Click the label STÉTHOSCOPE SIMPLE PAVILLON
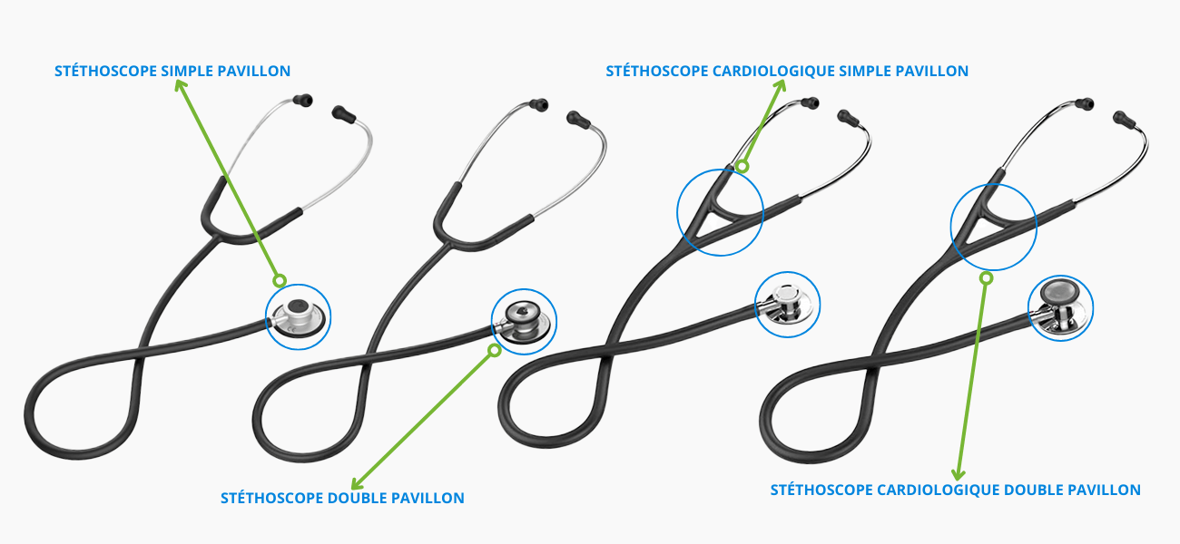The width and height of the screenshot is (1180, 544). pyautogui.click(x=172, y=71)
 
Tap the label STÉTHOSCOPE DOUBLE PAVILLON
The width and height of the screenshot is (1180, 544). pyautogui.click(x=342, y=498)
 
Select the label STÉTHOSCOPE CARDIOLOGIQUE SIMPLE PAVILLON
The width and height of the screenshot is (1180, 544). pyautogui.click(x=787, y=71)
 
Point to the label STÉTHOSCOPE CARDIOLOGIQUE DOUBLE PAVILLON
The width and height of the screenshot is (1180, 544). pyautogui.click(x=955, y=490)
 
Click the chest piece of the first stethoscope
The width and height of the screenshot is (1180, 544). pyautogui.click(x=299, y=316)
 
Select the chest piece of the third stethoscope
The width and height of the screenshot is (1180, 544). pyautogui.click(x=786, y=305)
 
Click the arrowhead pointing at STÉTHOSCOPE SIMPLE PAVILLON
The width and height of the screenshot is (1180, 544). pyautogui.click(x=181, y=85)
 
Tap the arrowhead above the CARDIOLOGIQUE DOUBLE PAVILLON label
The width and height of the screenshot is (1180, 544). pyautogui.click(x=956, y=473)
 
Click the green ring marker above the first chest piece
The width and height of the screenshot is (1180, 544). pyautogui.click(x=279, y=280)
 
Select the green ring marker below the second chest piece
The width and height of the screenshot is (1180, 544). pyautogui.click(x=495, y=350)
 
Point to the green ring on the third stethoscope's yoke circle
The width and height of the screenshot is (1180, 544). pyautogui.click(x=742, y=166)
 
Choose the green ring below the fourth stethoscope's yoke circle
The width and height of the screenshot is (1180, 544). pyautogui.click(x=986, y=278)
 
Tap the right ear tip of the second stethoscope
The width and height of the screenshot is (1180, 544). pyautogui.click(x=575, y=118)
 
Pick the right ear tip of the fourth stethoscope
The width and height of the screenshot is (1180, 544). pyautogui.click(x=1122, y=118)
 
